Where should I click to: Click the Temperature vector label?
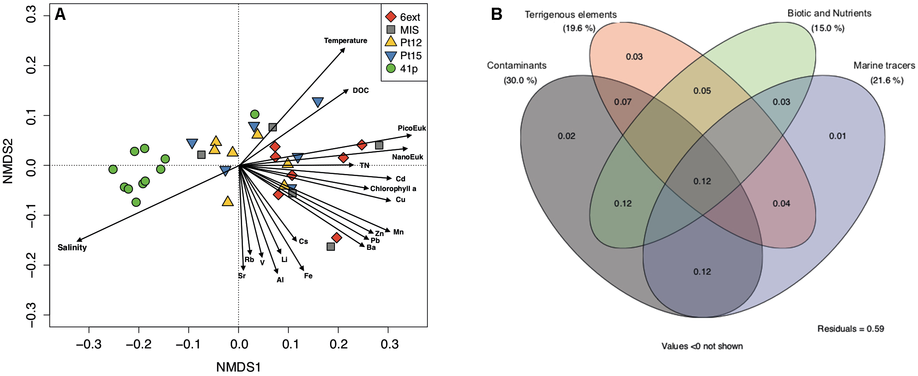coord(345,41)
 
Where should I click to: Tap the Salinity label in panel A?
coord(72,247)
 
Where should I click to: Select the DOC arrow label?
coord(360,90)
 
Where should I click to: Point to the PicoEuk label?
coord(412,128)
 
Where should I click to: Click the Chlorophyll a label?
coord(393,189)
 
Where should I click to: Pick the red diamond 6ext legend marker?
coord(390,17)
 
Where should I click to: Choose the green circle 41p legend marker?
coord(390,68)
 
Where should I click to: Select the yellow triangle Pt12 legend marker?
coord(390,42)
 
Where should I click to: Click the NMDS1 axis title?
coord(238,367)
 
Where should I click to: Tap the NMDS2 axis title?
coord(8,161)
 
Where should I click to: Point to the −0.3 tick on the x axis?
coord(89,344)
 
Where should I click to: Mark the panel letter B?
coord(496,14)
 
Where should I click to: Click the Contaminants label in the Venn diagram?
coord(517,65)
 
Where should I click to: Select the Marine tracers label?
coord(884,65)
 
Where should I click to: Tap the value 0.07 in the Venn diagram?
coord(622,102)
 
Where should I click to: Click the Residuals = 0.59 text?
coord(850,329)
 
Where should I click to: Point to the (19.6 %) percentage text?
coord(579,28)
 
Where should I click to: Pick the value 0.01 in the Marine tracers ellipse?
coord(837,136)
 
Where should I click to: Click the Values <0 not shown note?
coord(702,346)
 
